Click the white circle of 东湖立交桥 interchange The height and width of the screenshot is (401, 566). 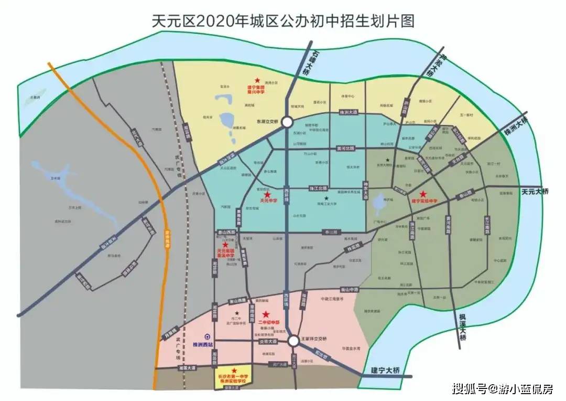point(287,122)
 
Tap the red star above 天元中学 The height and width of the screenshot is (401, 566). point(267,195)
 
